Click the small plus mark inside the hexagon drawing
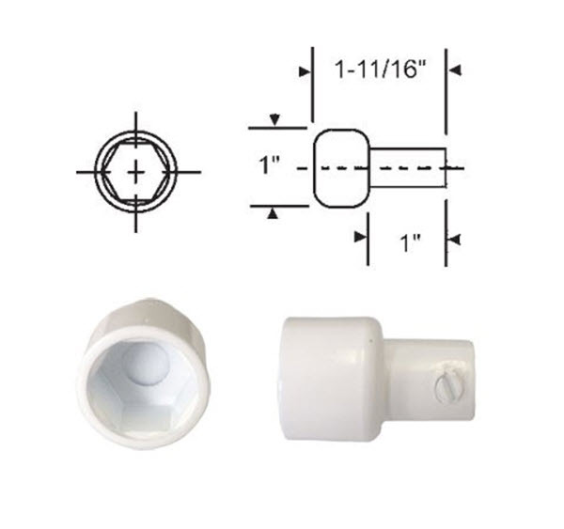(137, 172)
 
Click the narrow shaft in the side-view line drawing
(404, 167)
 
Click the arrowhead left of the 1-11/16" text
(304, 70)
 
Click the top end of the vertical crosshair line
(137, 114)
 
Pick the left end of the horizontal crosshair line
(78, 172)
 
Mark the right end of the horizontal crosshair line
(199, 172)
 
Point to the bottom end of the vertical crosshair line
(137, 231)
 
